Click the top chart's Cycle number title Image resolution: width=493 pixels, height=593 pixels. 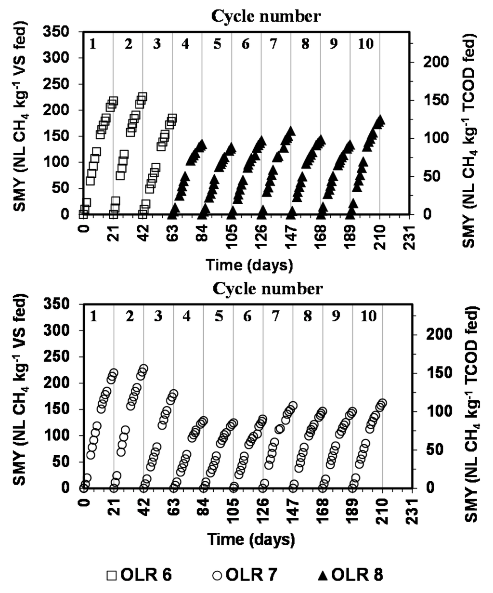tap(266, 16)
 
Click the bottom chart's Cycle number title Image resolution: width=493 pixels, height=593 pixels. tap(266, 289)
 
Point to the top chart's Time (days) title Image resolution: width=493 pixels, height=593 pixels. tap(249, 264)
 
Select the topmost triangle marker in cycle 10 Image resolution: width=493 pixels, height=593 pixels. tap(380, 119)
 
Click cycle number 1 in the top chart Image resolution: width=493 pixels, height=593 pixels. tap(93, 44)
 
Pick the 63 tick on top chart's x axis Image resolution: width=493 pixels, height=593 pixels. tap(172, 236)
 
